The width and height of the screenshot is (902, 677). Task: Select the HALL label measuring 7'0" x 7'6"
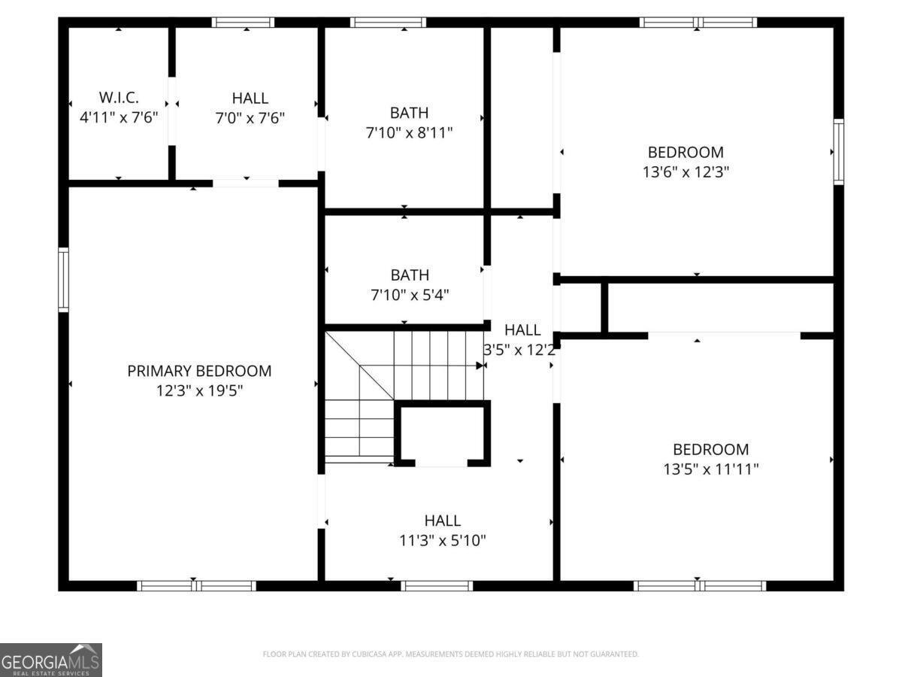(x=250, y=98)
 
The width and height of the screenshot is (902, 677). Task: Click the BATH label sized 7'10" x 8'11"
(x=409, y=113)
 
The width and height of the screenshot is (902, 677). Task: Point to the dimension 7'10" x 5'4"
(x=409, y=295)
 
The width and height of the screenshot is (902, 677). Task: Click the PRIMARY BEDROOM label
(x=199, y=371)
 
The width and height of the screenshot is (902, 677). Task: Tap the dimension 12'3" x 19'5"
(x=199, y=390)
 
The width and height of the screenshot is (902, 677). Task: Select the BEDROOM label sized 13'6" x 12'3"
(x=686, y=152)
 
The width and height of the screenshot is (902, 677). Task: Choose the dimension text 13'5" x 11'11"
(x=710, y=469)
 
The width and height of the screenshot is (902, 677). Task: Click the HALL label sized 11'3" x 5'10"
(x=443, y=521)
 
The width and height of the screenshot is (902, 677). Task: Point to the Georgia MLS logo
(x=50, y=660)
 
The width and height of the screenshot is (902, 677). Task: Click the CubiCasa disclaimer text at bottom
(x=450, y=654)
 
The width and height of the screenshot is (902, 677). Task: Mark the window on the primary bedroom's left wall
(x=64, y=280)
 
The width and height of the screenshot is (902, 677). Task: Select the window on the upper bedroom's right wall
(x=838, y=151)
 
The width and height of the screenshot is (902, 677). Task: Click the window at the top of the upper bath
(x=389, y=23)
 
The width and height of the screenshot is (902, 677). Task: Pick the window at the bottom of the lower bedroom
(x=699, y=585)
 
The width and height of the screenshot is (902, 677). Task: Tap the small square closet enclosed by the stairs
(x=442, y=435)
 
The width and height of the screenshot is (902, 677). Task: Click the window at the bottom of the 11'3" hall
(x=437, y=585)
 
